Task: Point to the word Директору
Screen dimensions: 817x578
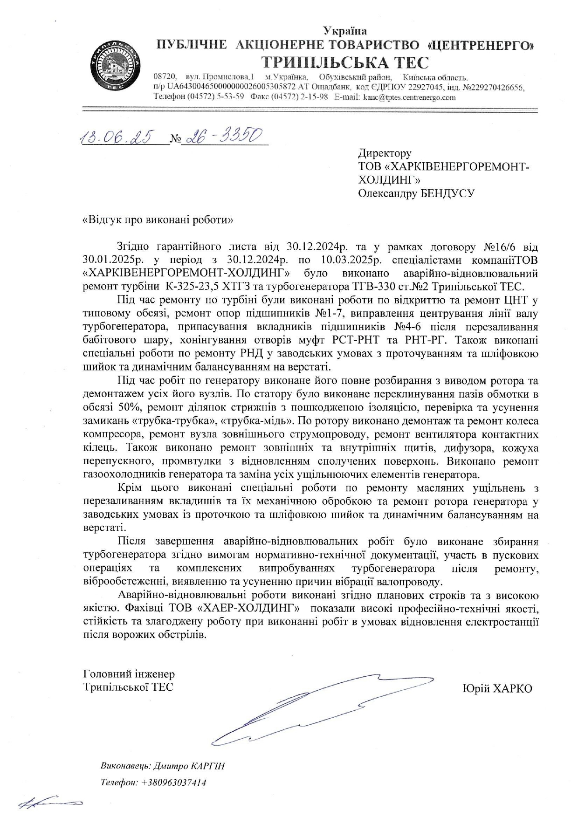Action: tap(385, 153)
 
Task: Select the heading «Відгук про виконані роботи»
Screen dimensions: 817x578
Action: tap(158, 220)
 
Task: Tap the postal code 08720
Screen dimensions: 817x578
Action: tap(164, 76)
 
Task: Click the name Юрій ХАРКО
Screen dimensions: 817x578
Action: tap(497, 688)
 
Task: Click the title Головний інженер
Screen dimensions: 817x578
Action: tap(129, 674)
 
